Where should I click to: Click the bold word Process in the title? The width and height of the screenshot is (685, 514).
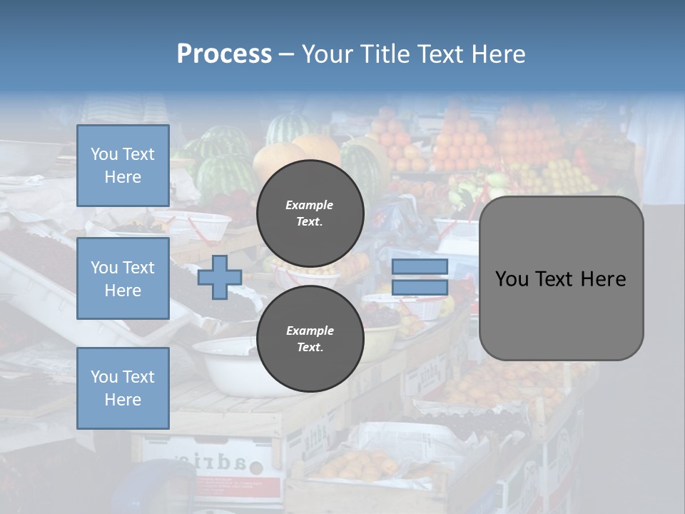click(x=224, y=54)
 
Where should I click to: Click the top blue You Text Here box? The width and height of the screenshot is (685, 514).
click(x=123, y=166)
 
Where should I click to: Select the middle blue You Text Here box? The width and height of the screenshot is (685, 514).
click(x=123, y=278)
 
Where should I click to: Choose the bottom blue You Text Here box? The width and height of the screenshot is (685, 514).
click(x=123, y=388)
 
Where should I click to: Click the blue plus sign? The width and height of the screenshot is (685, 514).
click(x=219, y=277)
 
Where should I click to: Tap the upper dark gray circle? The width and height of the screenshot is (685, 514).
click(x=310, y=213)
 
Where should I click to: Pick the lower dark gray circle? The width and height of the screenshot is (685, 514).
click(x=310, y=338)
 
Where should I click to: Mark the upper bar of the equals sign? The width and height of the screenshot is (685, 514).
click(x=420, y=266)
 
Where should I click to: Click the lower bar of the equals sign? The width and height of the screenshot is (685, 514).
click(x=420, y=288)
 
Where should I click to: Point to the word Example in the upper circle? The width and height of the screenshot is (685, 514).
click(x=310, y=205)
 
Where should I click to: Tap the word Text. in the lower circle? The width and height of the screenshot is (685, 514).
click(x=310, y=348)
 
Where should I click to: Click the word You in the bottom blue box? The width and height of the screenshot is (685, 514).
click(x=104, y=377)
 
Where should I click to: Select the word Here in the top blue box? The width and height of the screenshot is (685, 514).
click(x=123, y=177)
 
